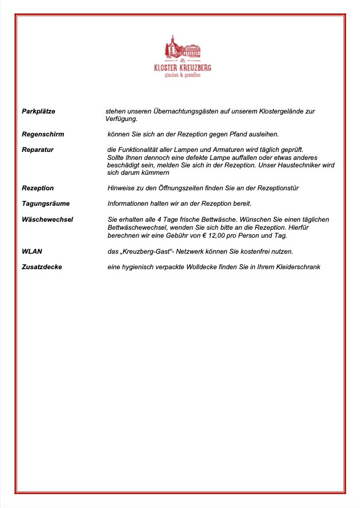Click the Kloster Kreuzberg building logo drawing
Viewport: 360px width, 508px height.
(182, 49)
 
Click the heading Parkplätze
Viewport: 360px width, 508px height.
(38, 111)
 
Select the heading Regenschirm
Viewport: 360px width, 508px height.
(43, 134)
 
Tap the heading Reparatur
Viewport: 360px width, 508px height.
(37, 150)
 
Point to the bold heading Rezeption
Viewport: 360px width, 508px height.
(37, 188)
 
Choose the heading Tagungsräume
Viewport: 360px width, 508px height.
(45, 204)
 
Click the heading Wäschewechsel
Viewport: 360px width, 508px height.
(47, 220)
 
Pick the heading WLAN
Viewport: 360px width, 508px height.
(31, 251)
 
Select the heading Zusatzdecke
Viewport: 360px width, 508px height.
(42, 267)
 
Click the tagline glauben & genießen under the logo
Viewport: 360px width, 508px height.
(182, 75)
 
